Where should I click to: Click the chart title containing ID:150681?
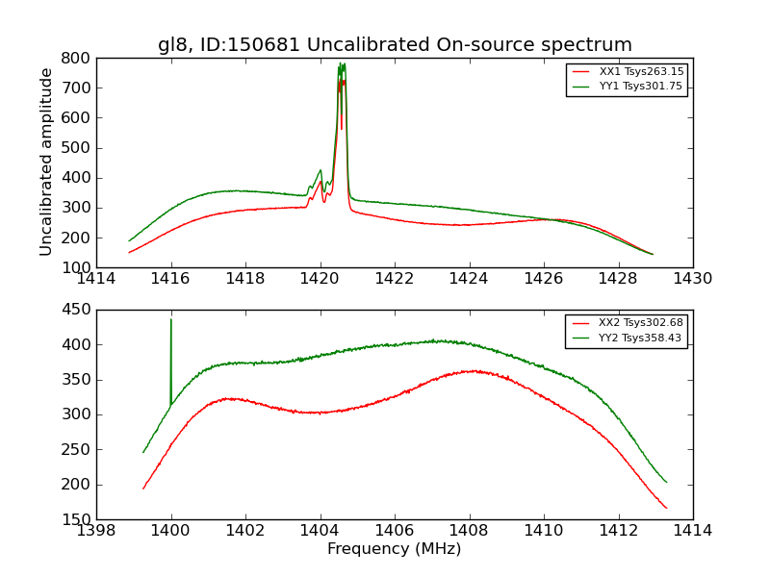tap(395, 45)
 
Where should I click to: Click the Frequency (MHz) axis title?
tap(394, 549)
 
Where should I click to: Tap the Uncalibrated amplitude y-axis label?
tap(46, 162)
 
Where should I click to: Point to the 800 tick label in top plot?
tap(77, 58)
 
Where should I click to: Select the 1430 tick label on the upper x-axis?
tap(692, 279)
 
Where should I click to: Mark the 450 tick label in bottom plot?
tap(77, 310)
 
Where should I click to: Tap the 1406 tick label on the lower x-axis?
tap(394, 531)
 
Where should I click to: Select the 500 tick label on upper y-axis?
tap(77, 148)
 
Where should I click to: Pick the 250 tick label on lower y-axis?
tap(77, 449)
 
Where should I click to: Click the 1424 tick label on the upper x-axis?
tap(469, 279)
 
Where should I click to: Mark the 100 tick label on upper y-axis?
tap(77, 267)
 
